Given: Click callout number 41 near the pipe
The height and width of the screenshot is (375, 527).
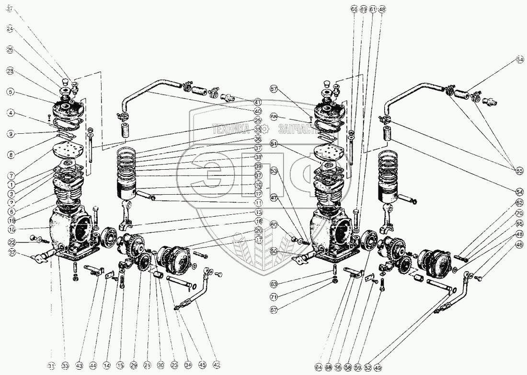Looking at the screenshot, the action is coord(258,102).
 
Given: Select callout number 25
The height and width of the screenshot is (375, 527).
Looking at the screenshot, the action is coord(258,120).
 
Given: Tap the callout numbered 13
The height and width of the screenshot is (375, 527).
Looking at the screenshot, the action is coord(258,212).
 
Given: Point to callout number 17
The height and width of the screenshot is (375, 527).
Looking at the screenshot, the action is coord(258,240).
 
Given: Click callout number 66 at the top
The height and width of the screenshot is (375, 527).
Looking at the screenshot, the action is coord(354,9).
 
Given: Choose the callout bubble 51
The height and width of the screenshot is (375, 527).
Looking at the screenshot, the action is coord(274,143).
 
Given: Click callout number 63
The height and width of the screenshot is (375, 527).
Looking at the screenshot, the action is coord(274,284).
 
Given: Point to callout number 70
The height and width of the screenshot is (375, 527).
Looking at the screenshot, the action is coord(519,213).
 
